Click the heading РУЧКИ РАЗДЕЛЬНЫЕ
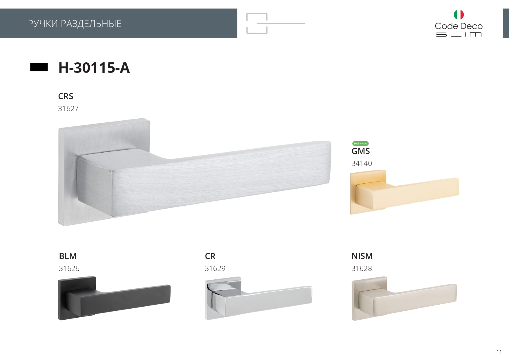tap(75, 23)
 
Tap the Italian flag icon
tap(459, 15)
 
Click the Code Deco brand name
tap(459, 26)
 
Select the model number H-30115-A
tap(94, 68)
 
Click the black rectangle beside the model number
tap(39, 67)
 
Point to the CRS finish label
tap(66, 96)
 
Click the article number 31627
tap(68, 108)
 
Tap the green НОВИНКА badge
tap(360, 144)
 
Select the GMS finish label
tap(361, 151)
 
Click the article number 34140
tap(362, 163)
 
